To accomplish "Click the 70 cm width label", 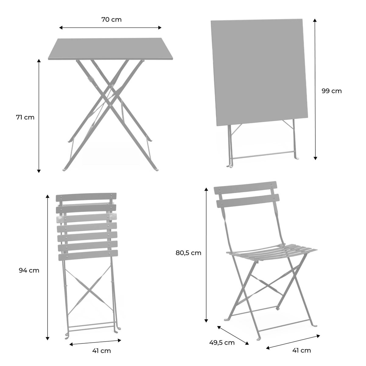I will pos(111,20).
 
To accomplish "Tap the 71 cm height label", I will pos(25,117).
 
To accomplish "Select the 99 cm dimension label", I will pos(332,91).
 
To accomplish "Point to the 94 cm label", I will pos(29,270).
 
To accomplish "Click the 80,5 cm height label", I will pos(188,253).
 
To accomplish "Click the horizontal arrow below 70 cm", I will pos(110,28).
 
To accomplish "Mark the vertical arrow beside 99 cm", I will pos(315,88).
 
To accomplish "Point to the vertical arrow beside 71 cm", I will pos(39,116).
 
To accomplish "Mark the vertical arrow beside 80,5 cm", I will pos(206,255).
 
